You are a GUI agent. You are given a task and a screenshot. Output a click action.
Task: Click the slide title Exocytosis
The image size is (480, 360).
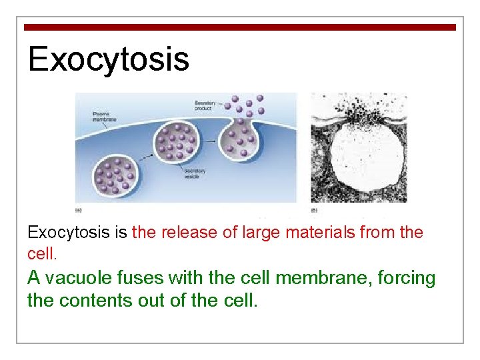click(109, 59)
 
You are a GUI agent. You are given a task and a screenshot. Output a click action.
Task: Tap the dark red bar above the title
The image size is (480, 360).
click(240, 27)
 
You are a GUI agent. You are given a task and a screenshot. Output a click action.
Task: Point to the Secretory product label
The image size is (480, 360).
click(205, 105)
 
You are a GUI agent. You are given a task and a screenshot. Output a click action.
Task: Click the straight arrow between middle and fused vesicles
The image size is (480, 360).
click(211, 141)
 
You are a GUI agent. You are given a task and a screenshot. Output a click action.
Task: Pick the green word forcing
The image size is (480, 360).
click(407, 278)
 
